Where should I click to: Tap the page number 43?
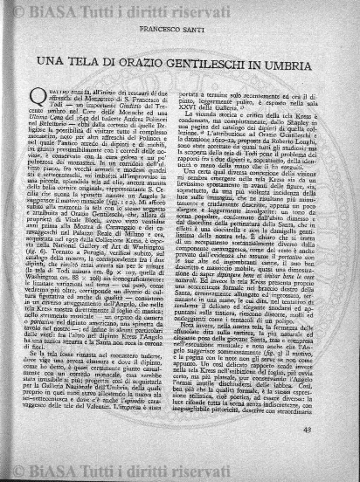[308, 451]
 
